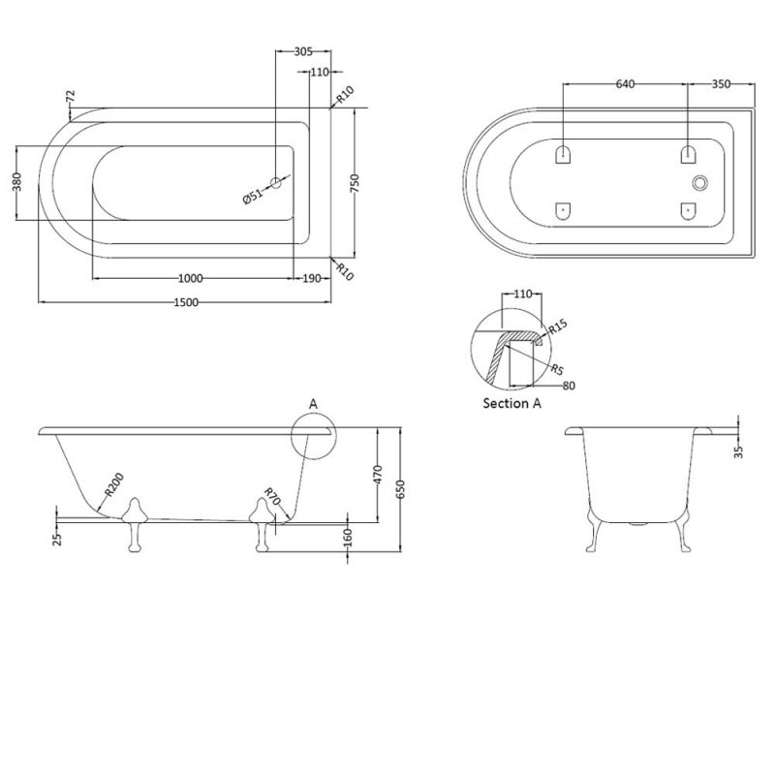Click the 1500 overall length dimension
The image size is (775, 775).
(x=186, y=302)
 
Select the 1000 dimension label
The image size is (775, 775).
(x=190, y=279)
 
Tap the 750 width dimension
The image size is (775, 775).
(x=355, y=183)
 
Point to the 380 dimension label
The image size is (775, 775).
(x=16, y=182)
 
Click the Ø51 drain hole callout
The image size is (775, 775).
(x=253, y=197)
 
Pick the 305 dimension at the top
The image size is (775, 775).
(x=303, y=51)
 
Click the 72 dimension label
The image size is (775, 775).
(x=70, y=96)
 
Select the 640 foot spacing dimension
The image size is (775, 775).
(x=625, y=84)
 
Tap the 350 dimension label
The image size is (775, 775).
(x=721, y=84)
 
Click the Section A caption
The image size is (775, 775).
(x=512, y=403)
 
